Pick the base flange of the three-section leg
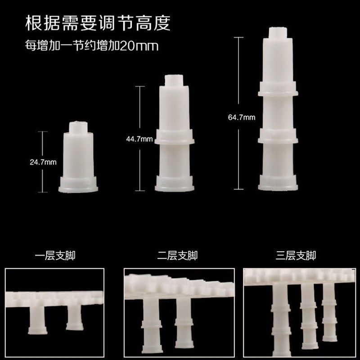point(278,183)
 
